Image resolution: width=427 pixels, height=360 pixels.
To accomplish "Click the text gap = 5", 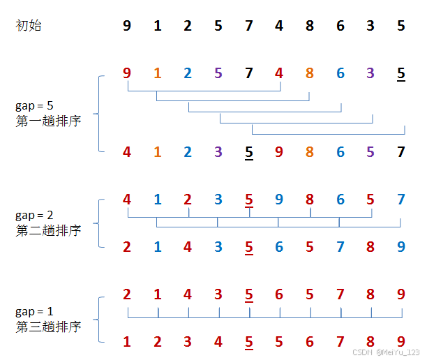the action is tap(34, 106).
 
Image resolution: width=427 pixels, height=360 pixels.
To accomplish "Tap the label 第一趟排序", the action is tap(48, 121).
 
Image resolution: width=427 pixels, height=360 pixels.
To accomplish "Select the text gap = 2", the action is tap(34, 215).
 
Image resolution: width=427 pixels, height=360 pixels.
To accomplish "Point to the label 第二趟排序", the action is tap(48, 230).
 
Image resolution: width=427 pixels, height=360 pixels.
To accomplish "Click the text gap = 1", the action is tap(34, 311).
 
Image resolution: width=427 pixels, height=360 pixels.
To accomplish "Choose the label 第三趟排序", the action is tap(48, 326).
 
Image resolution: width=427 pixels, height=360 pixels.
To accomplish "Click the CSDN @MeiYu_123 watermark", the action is tap(386, 353).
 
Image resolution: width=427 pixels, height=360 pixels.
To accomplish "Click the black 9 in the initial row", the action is tap(126, 27).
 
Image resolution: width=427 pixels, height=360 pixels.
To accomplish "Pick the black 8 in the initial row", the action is tap(310, 27).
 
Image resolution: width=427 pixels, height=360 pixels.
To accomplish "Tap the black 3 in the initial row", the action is tap(370, 27).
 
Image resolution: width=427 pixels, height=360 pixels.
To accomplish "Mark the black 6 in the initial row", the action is tap(340, 27).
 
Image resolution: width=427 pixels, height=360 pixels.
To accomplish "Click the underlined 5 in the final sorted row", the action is tap(249, 342).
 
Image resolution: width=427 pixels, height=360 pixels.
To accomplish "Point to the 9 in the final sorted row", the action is tap(400, 342).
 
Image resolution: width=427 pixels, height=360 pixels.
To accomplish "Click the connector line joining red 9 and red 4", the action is tap(203, 91).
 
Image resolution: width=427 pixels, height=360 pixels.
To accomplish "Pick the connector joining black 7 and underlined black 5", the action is tap(328, 134).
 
